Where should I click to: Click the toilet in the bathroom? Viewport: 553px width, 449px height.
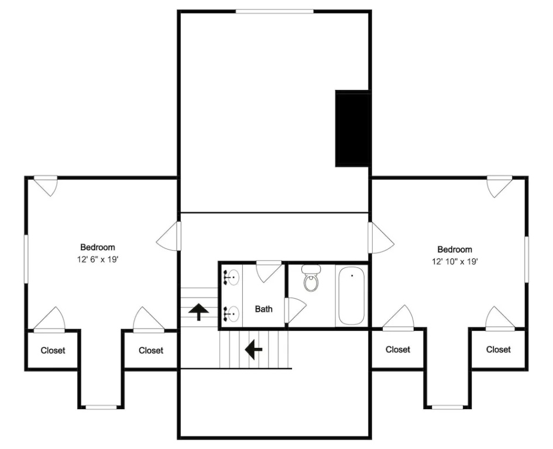[x=311, y=278]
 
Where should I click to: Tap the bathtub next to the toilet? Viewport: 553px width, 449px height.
[x=351, y=296]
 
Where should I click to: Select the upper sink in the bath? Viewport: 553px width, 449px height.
[x=231, y=277]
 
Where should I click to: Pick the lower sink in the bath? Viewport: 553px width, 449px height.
[x=231, y=313]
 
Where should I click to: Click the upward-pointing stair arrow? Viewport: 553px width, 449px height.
[x=199, y=312]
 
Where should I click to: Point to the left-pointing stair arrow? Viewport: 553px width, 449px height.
[x=253, y=349]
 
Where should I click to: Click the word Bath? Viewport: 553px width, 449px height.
[x=264, y=309]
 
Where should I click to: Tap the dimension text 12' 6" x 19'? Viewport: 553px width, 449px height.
[x=98, y=260]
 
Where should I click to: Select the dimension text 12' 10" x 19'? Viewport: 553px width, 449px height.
[x=455, y=262]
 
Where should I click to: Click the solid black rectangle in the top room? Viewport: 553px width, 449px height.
[x=352, y=129]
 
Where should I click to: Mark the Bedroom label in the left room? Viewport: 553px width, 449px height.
[x=98, y=247]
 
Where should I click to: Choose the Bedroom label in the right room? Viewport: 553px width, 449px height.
[x=455, y=250]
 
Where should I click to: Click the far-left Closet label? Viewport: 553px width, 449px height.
[x=53, y=350]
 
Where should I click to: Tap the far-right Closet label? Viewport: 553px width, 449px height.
[x=499, y=349]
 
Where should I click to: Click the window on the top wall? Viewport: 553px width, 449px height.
[x=274, y=12]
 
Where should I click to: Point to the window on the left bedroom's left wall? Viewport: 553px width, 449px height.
[x=26, y=258]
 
